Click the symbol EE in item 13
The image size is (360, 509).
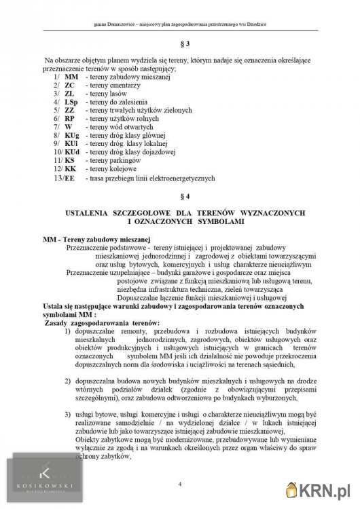point(69,178)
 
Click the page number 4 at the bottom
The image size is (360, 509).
point(180,484)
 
